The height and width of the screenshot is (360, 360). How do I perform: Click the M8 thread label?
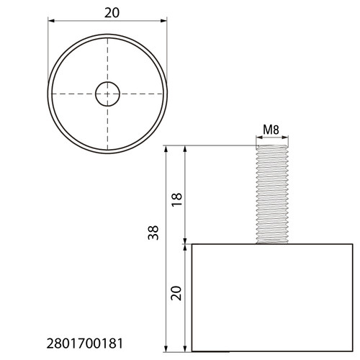271,130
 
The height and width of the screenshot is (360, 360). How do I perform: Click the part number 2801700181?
85,343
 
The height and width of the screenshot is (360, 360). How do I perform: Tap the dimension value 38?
153,233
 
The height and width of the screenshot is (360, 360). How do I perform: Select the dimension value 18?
176,199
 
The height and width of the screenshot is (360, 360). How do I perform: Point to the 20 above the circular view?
112,13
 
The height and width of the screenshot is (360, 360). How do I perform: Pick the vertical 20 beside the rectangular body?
176,293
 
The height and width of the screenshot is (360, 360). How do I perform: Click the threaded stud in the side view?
272,194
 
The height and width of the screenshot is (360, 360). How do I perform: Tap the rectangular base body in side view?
272,297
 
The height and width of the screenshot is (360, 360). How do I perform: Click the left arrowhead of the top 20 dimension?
51,21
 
